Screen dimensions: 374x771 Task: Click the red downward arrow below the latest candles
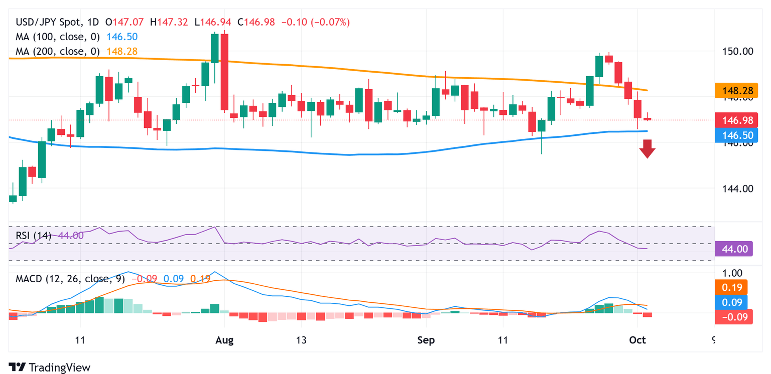tap(648, 149)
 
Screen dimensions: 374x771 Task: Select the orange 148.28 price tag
tap(733, 91)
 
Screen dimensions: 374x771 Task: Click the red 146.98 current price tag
tap(733, 120)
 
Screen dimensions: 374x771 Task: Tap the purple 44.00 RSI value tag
tap(733, 249)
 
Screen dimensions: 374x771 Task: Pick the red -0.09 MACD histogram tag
tap(733, 316)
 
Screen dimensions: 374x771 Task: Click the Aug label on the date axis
tap(224, 340)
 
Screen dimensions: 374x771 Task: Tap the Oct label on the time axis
tap(637, 340)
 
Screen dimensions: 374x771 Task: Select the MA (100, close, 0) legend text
tap(58, 37)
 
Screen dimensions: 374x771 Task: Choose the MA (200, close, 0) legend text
tap(58, 51)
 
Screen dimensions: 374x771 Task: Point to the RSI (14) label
tap(33, 235)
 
